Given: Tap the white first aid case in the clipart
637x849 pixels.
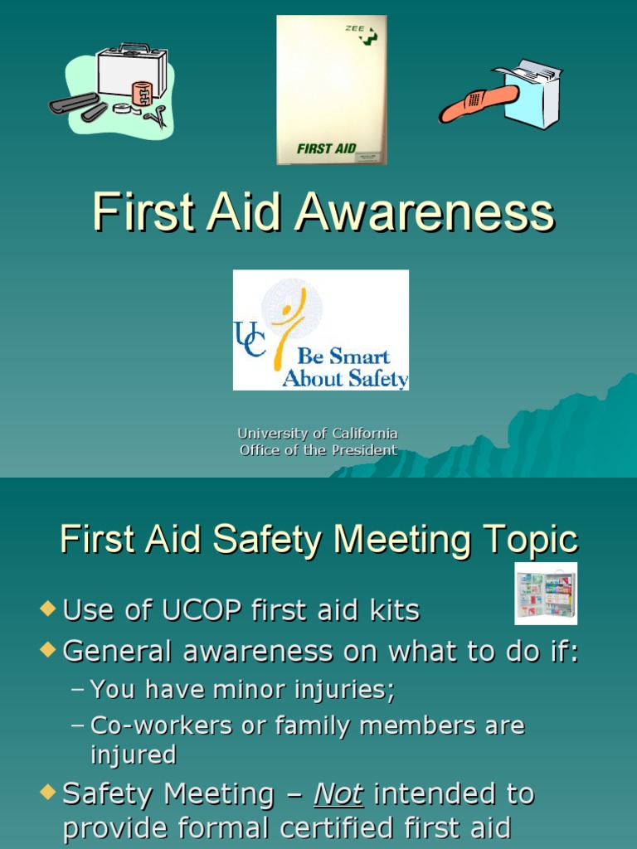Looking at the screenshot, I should click(131, 71).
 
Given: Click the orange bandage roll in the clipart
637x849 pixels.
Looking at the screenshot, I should click(142, 93).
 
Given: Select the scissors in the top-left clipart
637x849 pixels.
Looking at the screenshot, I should click(155, 116).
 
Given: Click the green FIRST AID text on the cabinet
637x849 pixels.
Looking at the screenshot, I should click(326, 149).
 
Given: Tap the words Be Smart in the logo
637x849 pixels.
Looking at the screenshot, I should click(343, 357).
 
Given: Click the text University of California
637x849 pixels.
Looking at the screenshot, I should click(318, 434).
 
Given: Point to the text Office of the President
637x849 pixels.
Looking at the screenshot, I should click(318, 451).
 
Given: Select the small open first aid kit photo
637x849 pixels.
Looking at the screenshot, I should click(545, 594).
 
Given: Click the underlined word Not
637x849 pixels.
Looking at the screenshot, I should click(338, 794).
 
